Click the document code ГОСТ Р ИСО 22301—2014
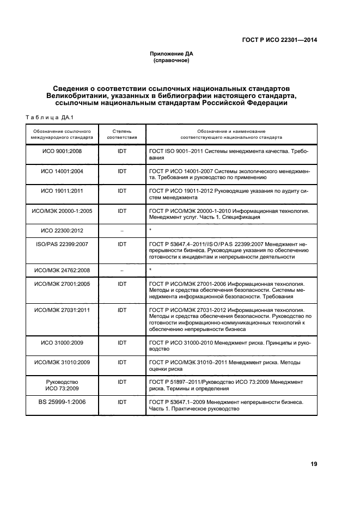point(279,40)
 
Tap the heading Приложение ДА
point(172,54)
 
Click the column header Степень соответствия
point(122,134)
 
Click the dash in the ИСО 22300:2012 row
point(122,230)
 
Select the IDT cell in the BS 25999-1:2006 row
point(122,402)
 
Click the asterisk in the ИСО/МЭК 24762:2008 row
point(150,269)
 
